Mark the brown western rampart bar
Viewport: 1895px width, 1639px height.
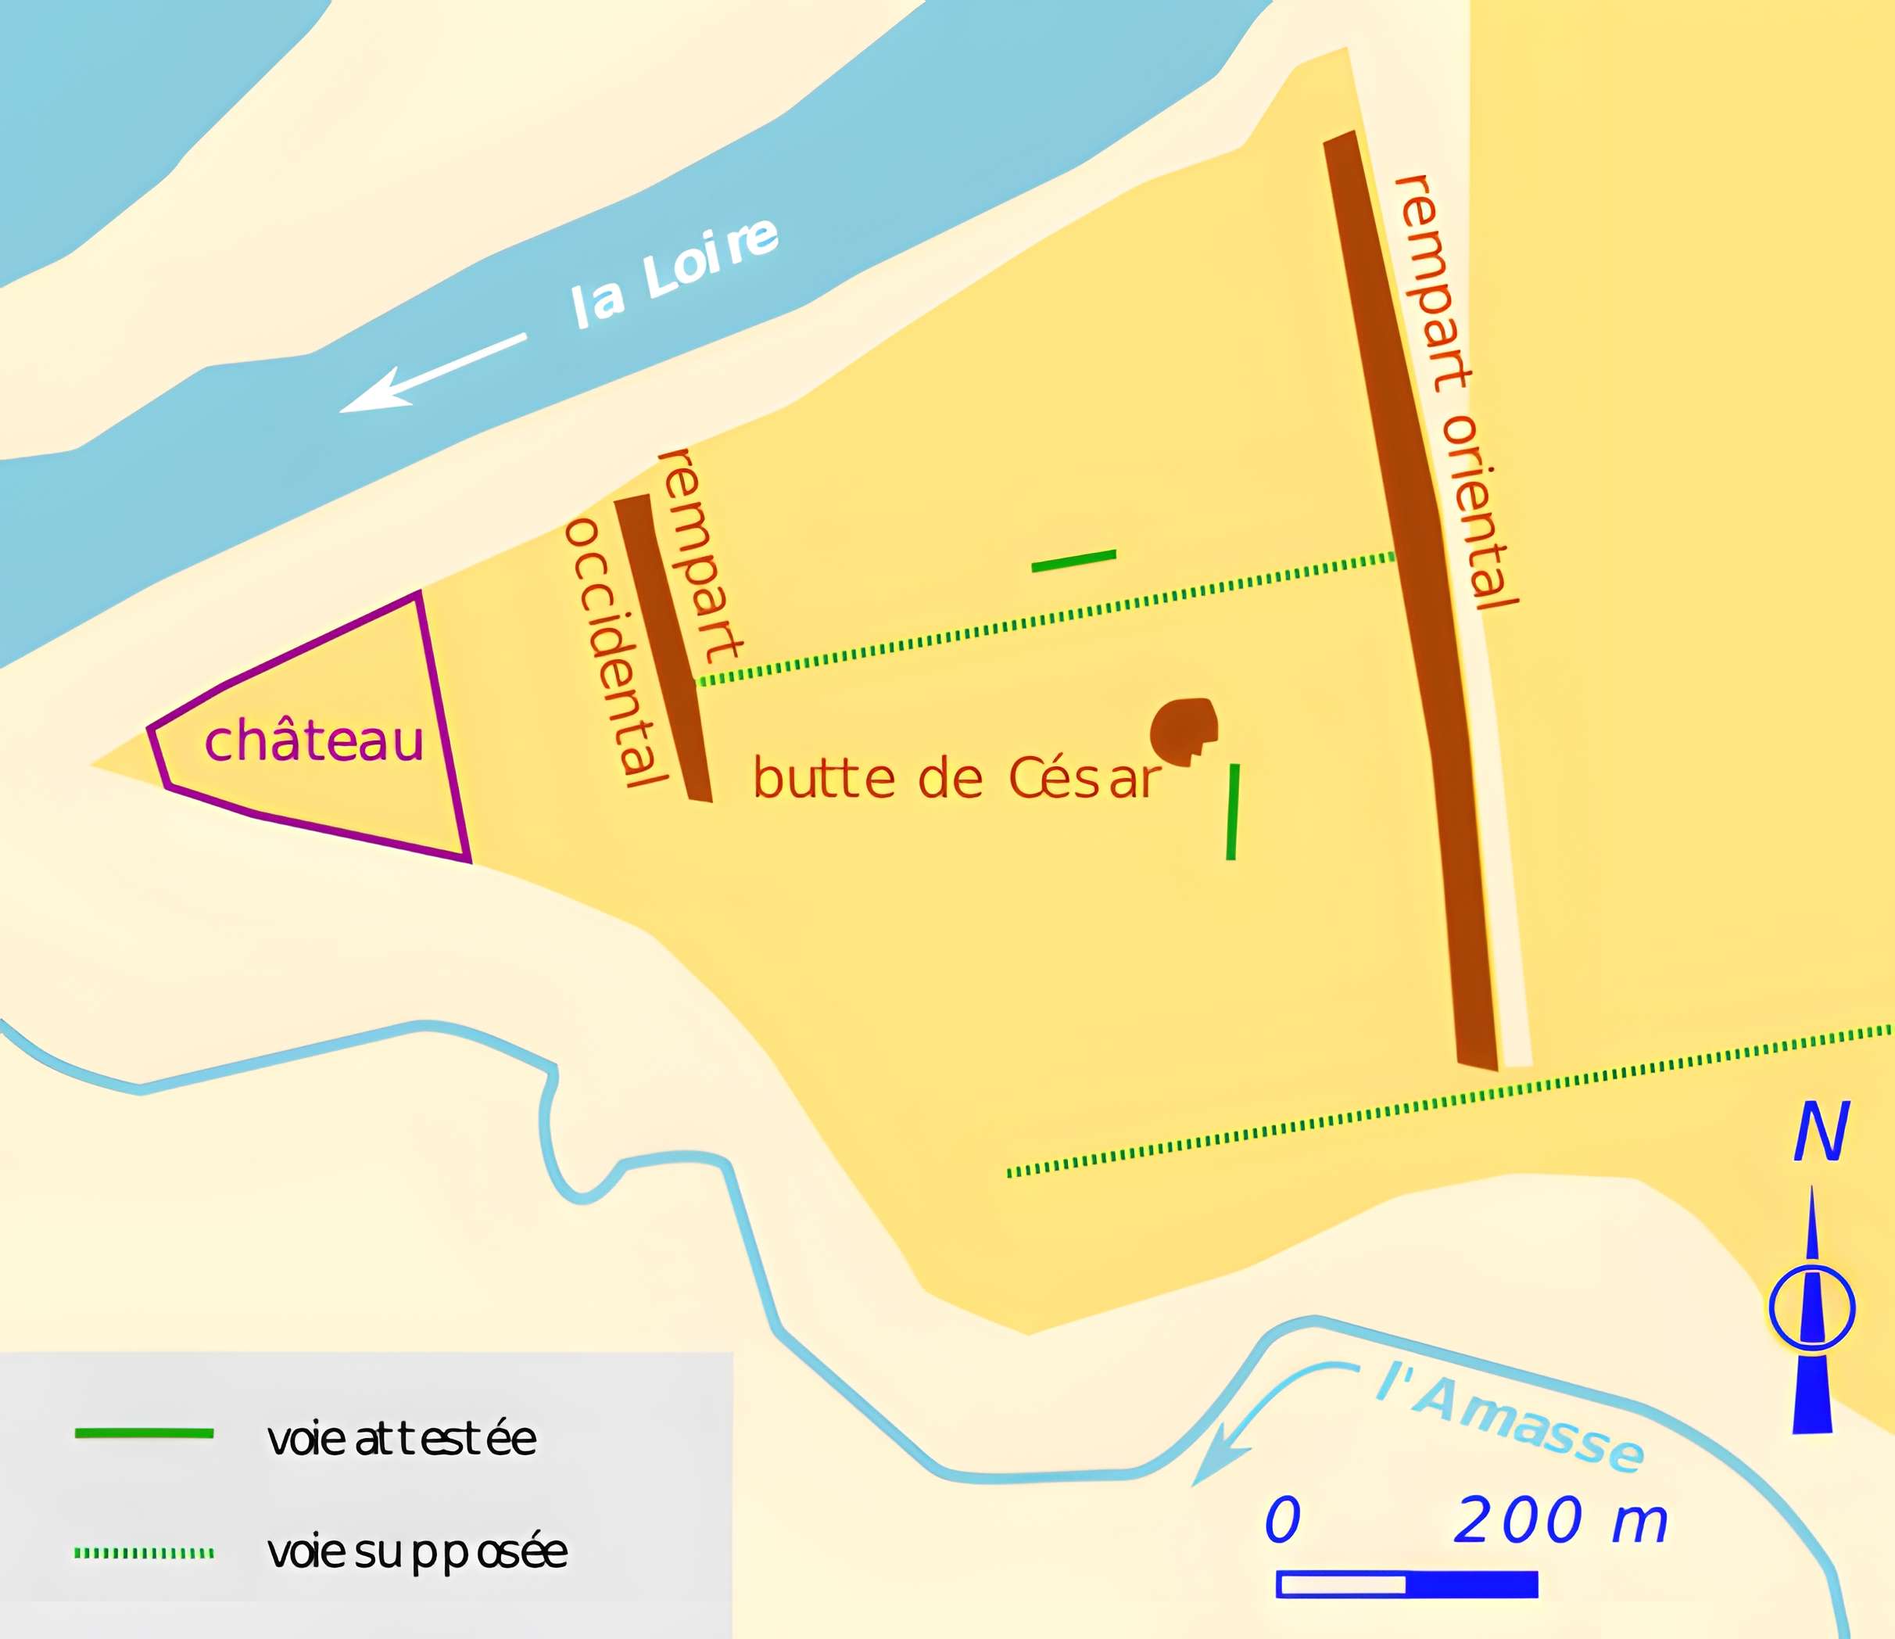point(662,646)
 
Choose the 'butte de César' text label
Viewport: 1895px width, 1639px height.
point(957,780)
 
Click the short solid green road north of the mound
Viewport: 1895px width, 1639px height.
point(1073,561)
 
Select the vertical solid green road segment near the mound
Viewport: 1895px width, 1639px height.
point(1233,811)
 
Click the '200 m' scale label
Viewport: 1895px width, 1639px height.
point(1560,1520)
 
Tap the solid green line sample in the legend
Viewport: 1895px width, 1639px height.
point(144,1433)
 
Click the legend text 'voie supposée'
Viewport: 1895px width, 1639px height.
point(417,1552)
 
